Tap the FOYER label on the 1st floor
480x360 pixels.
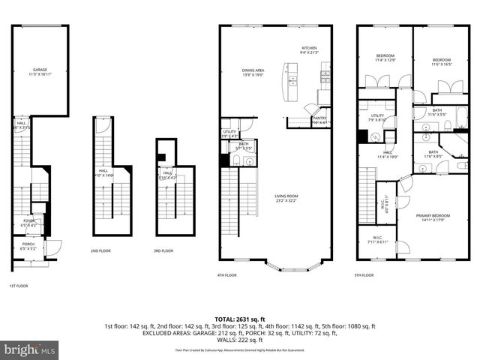(x=29, y=223)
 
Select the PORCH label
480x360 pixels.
(x=28, y=245)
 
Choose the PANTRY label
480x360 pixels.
(x=320, y=118)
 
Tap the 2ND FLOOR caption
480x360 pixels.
(x=101, y=250)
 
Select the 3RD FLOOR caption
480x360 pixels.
(x=164, y=250)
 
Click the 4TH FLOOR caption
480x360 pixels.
(x=227, y=275)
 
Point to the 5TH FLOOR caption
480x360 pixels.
(x=364, y=275)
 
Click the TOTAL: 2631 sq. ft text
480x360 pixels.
(x=239, y=319)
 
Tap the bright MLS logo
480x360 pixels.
(x=30, y=349)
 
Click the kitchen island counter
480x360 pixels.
(x=289, y=83)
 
